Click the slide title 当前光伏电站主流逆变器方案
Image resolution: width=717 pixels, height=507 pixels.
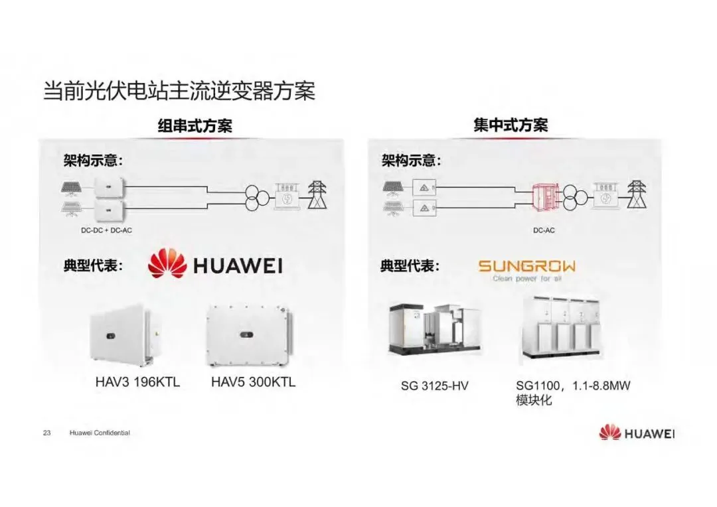point(179,90)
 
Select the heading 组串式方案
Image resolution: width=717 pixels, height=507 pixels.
point(195,126)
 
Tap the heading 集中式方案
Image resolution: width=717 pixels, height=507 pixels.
point(511,125)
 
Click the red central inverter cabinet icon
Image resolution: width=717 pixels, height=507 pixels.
point(546,197)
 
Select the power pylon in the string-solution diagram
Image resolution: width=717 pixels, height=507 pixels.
point(317,194)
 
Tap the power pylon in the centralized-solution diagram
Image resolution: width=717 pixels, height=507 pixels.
point(637,194)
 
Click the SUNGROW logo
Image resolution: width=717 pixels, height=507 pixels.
point(526,269)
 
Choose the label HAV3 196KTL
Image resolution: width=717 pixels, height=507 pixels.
point(137,383)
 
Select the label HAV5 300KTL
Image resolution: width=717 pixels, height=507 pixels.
point(253,382)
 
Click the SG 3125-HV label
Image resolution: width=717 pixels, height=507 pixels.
point(434,385)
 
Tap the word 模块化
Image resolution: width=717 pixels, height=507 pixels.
point(534,401)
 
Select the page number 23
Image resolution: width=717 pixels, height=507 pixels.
point(46,433)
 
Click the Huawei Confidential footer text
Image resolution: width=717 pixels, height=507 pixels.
point(100,433)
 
